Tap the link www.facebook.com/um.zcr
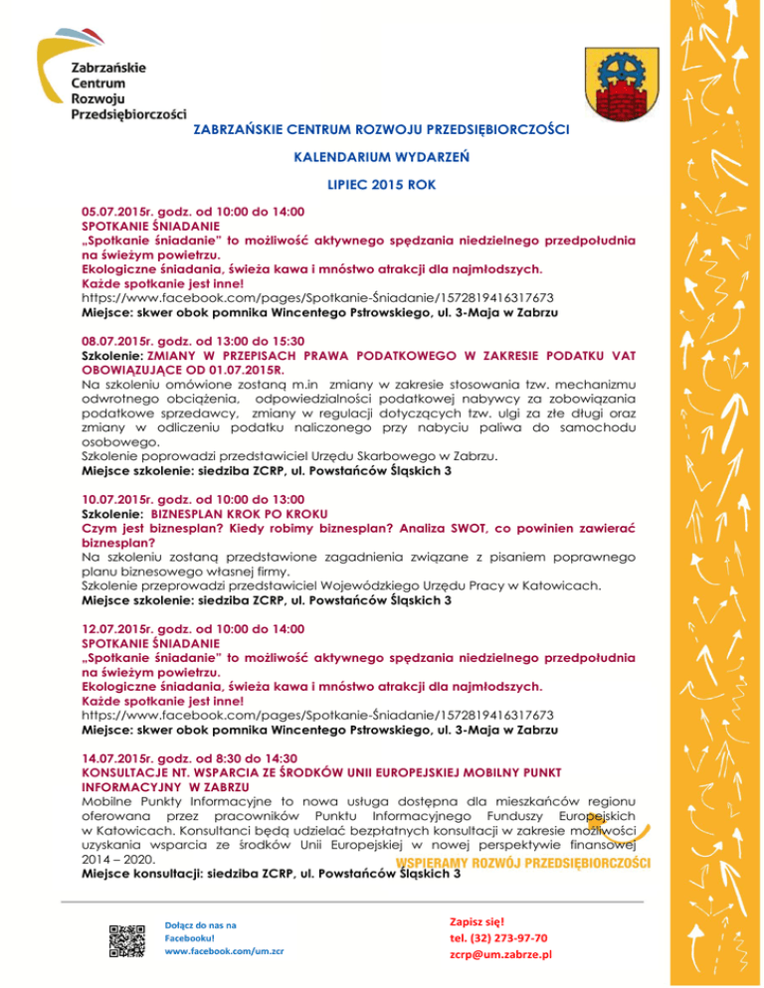224,950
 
